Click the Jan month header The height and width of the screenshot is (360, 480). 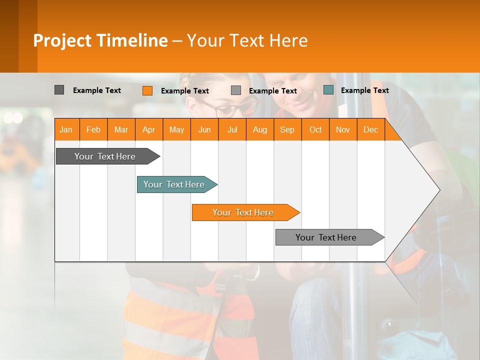pyautogui.click(x=66, y=129)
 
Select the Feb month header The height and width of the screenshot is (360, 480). pyautogui.click(x=93, y=129)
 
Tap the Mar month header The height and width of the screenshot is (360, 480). pyautogui.click(x=121, y=129)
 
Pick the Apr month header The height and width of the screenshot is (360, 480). pyautogui.click(x=149, y=129)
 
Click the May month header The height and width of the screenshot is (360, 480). pyautogui.click(x=176, y=129)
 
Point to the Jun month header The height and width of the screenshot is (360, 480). pyautogui.click(x=204, y=129)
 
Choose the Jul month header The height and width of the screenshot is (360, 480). pyautogui.click(x=232, y=129)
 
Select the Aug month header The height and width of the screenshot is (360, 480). pyautogui.click(x=260, y=129)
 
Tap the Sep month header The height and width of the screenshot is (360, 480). pyautogui.click(x=287, y=129)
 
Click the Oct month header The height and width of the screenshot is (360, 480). pyautogui.click(x=315, y=129)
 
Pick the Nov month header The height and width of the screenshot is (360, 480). pyautogui.click(x=343, y=129)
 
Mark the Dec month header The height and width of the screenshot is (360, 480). pyautogui.click(x=371, y=129)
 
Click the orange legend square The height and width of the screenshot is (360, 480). pyautogui.click(x=147, y=90)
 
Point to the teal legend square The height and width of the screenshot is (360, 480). pyautogui.click(x=328, y=90)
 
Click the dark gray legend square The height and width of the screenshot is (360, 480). pyautogui.click(x=59, y=90)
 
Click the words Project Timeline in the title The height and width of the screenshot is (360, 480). pyautogui.click(x=100, y=40)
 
